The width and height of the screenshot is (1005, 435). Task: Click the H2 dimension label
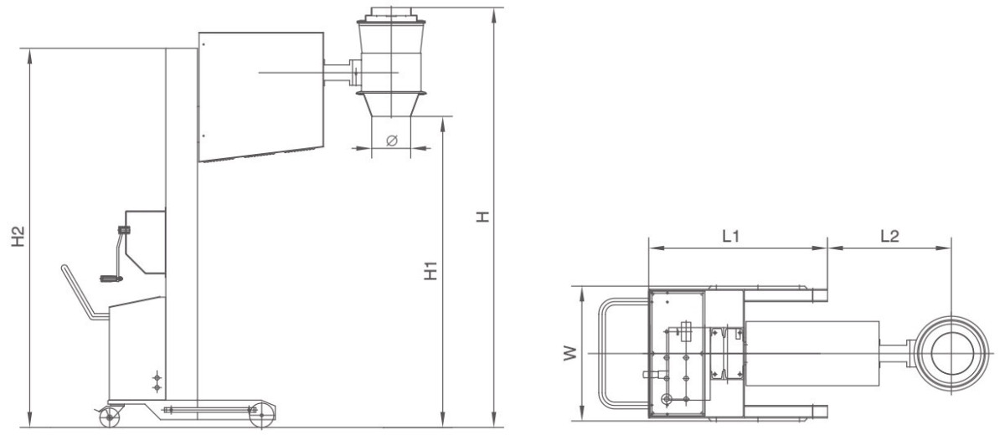18,237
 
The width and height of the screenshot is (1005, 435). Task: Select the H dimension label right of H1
482,217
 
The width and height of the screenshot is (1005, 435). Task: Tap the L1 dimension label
730,236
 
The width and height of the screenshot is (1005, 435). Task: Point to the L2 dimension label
889,236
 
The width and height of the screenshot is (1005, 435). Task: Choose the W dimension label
569,353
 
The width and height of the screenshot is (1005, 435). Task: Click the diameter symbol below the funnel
392,141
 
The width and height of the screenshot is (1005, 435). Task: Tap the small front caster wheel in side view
110,417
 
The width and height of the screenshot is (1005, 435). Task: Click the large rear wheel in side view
261,415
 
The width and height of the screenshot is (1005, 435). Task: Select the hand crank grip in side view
111,279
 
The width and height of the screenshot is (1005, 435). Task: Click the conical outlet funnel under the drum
391,105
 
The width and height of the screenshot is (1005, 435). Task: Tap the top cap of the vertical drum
391,14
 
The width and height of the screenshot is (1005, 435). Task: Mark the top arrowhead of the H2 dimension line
30,54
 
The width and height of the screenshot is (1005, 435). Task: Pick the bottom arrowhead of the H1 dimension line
443,421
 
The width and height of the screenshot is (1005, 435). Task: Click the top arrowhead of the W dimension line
582,293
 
